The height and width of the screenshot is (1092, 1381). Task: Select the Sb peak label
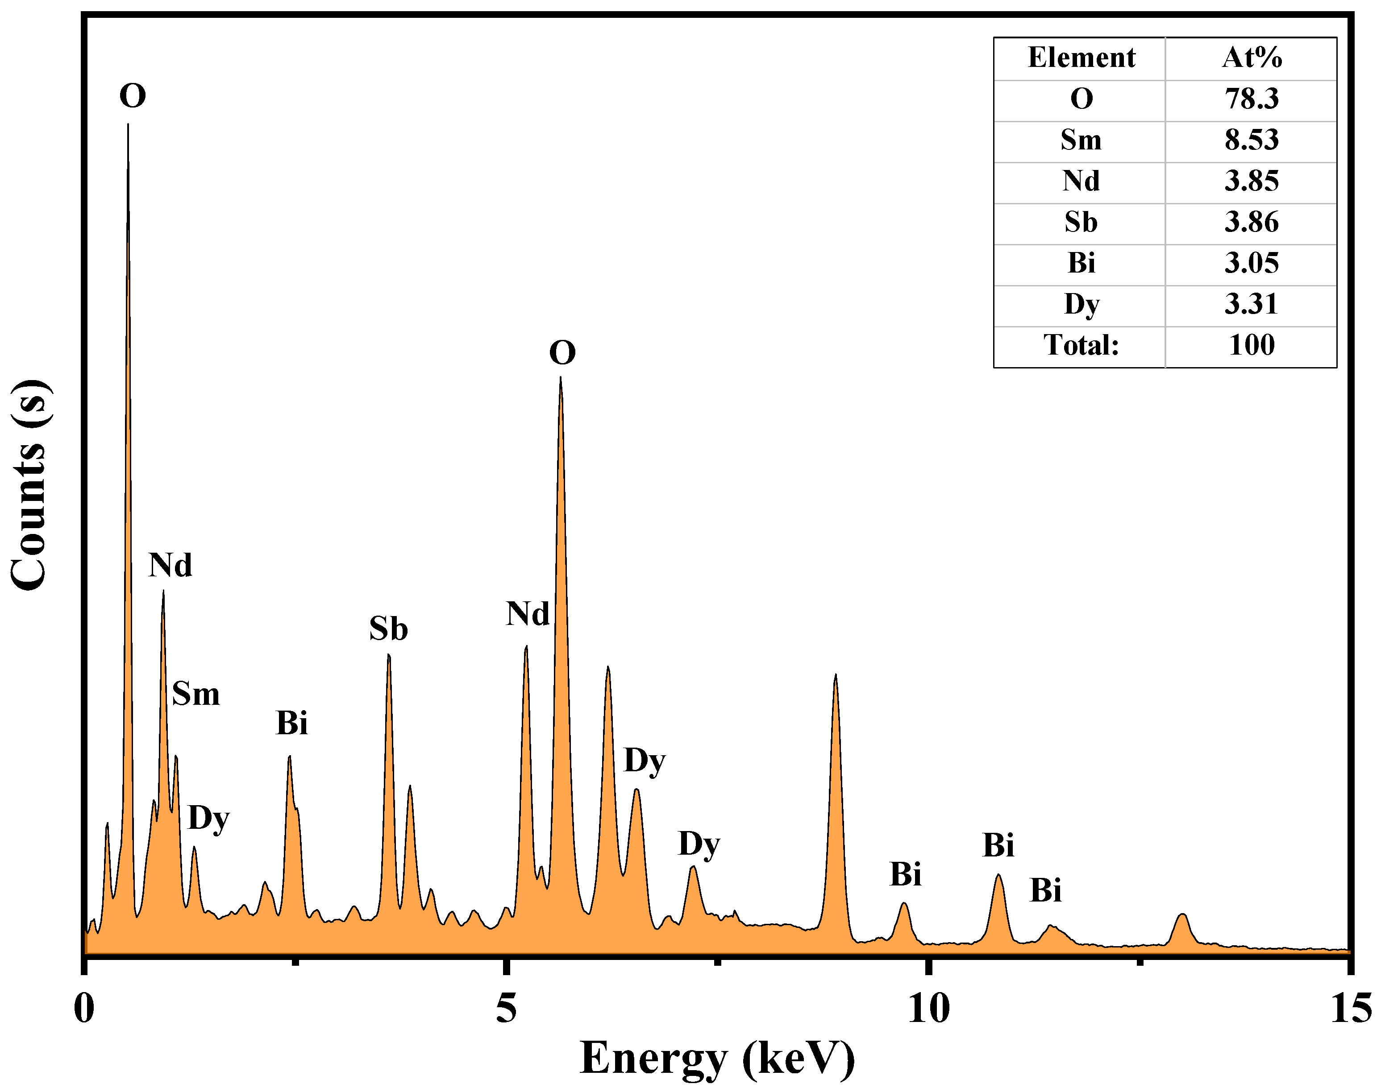388,629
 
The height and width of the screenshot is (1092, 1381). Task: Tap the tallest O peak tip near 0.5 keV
128,125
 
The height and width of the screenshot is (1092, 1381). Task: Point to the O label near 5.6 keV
562,352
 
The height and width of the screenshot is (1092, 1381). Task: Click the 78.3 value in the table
1251,99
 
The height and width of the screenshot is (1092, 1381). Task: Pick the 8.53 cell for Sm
1251,139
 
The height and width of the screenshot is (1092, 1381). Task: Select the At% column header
1251,58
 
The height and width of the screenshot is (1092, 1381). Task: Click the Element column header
1081,58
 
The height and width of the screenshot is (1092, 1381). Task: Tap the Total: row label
1081,345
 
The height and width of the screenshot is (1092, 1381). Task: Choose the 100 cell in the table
1251,345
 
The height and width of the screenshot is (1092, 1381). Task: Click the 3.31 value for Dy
1251,304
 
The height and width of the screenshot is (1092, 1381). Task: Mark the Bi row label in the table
1081,263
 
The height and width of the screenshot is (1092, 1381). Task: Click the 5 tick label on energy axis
506,1009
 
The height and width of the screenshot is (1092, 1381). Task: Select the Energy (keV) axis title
716,1058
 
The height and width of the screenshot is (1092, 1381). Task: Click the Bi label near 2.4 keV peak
291,724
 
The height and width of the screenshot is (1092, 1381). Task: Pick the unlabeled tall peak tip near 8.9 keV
836,676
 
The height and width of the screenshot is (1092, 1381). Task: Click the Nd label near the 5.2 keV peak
527,614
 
